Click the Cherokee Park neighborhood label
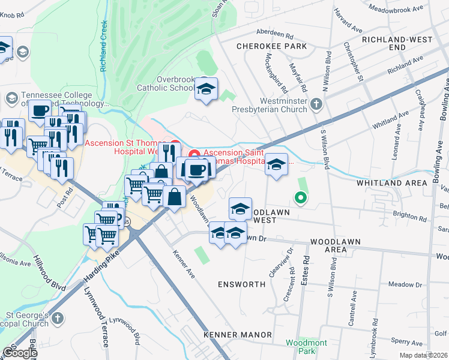[271, 46]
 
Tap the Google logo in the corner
[20, 352]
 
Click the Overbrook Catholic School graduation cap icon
[206, 89]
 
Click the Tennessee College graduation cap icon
[11, 97]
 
